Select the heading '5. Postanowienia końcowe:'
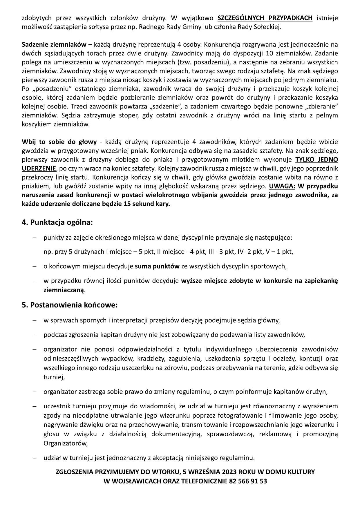pyautogui.click(x=70, y=305)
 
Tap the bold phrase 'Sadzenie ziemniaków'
pyautogui.click(x=54, y=45)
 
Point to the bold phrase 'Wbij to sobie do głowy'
pyautogui.click(x=59, y=142)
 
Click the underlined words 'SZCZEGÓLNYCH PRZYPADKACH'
pyautogui.click(x=265, y=18)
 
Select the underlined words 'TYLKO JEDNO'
pyautogui.click(x=316, y=160)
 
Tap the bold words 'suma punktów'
pyautogui.click(x=157, y=266)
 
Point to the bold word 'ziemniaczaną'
pyautogui.click(x=64, y=290)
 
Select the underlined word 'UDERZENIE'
pyautogui.click(x=39, y=169)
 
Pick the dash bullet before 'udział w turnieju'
pyautogui.click(x=35, y=458)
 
